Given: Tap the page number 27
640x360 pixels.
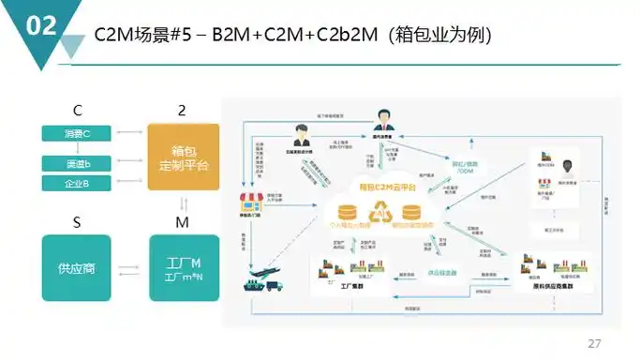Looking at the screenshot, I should click(594, 341).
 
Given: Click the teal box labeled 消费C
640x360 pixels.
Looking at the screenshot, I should click(77, 133).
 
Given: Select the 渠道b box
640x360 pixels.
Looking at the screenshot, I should click(77, 164).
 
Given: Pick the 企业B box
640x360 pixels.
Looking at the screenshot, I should click(77, 182).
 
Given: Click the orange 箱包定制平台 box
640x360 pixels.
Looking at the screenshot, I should click(184, 157).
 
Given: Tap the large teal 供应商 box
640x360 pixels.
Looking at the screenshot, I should click(77, 268).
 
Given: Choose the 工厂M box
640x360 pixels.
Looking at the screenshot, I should click(184, 268).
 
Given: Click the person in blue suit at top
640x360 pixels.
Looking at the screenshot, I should click(384, 119).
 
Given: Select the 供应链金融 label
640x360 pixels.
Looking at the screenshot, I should click(442, 273).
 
